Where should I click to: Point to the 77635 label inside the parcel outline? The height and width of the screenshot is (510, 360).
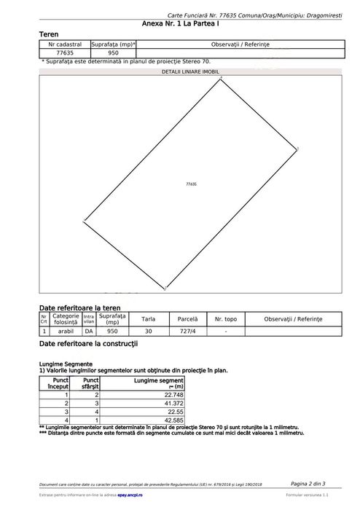click(x=192, y=185)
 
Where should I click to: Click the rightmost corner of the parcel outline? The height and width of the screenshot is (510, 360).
click(x=297, y=149)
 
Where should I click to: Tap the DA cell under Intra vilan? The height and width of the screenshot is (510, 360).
click(x=89, y=331)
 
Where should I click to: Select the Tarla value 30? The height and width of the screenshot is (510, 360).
click(x=149, y=331)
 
